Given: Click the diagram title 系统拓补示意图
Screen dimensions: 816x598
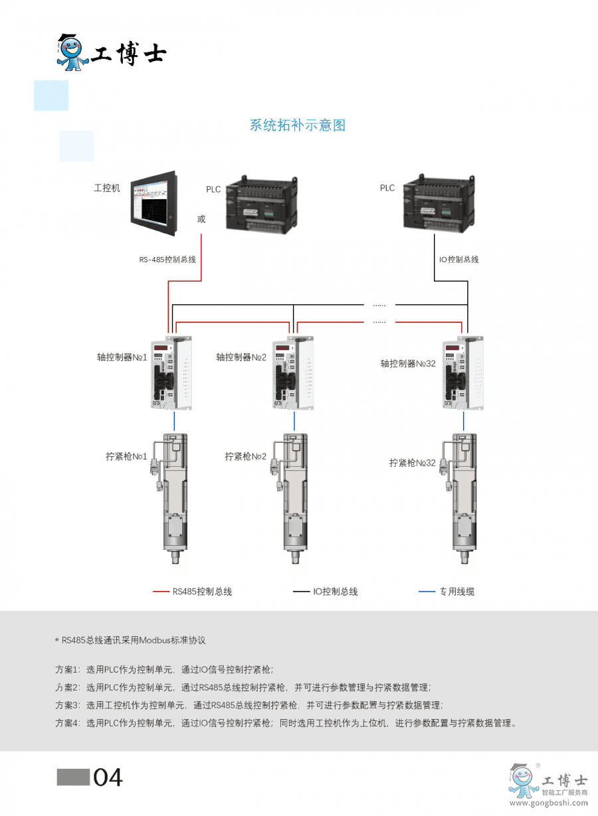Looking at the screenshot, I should click(x=297, y=125).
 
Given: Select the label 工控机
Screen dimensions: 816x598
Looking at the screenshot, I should click(x=107, y=189).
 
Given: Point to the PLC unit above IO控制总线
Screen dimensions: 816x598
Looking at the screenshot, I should click(x=439, y=202).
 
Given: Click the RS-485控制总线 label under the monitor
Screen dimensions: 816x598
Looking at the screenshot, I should click(x=167, y=260).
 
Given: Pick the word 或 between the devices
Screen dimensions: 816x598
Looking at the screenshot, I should click(x=201, y=219).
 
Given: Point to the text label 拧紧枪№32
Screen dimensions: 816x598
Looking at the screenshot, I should click(x=412, y=463).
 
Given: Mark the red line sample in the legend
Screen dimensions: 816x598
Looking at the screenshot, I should click(x=161, y=591).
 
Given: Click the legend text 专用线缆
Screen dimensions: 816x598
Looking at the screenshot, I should click(x=456, y=592).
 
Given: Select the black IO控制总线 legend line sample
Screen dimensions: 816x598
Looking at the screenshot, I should click(x=301, y=591).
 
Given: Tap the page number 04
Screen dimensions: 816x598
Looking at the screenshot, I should click(x=108, y=777).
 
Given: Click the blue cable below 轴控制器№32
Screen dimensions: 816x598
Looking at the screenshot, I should click(x=463, y=421).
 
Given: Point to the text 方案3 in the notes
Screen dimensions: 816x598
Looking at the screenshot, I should click(x=67, y=705).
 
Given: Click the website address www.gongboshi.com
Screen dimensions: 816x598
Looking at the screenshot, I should click(x=548, y=805).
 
